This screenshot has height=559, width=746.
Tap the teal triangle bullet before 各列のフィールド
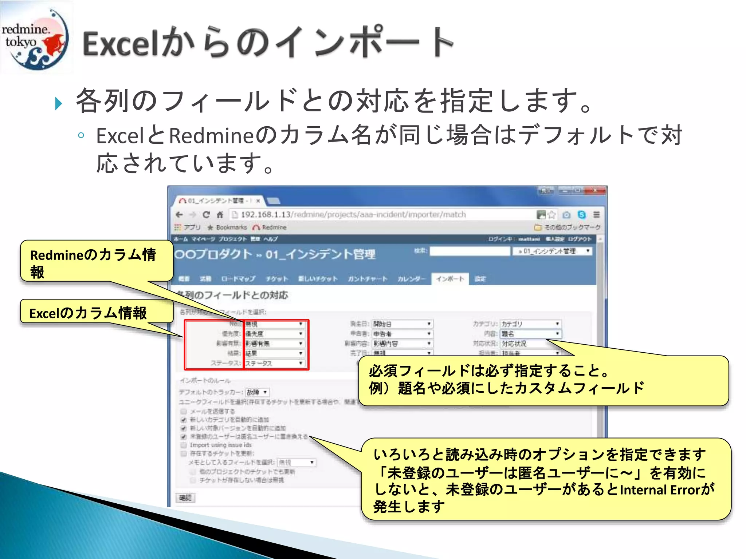58,103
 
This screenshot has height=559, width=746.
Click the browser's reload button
206,215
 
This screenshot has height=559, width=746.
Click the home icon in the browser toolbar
220,215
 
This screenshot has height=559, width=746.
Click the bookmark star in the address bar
552,215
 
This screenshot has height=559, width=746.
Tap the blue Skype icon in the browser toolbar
582,215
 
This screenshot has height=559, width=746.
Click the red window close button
595,190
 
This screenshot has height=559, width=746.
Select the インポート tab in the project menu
450,279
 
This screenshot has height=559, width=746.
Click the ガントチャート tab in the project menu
367,279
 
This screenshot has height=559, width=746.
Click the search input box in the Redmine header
470,251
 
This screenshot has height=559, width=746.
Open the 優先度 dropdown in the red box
274,334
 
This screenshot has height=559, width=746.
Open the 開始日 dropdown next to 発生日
402,324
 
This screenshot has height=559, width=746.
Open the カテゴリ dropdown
530,324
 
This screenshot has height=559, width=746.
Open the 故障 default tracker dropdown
257,392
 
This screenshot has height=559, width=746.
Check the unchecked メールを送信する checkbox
184,411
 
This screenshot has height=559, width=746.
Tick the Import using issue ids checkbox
184,445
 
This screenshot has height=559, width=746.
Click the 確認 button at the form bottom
185,497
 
